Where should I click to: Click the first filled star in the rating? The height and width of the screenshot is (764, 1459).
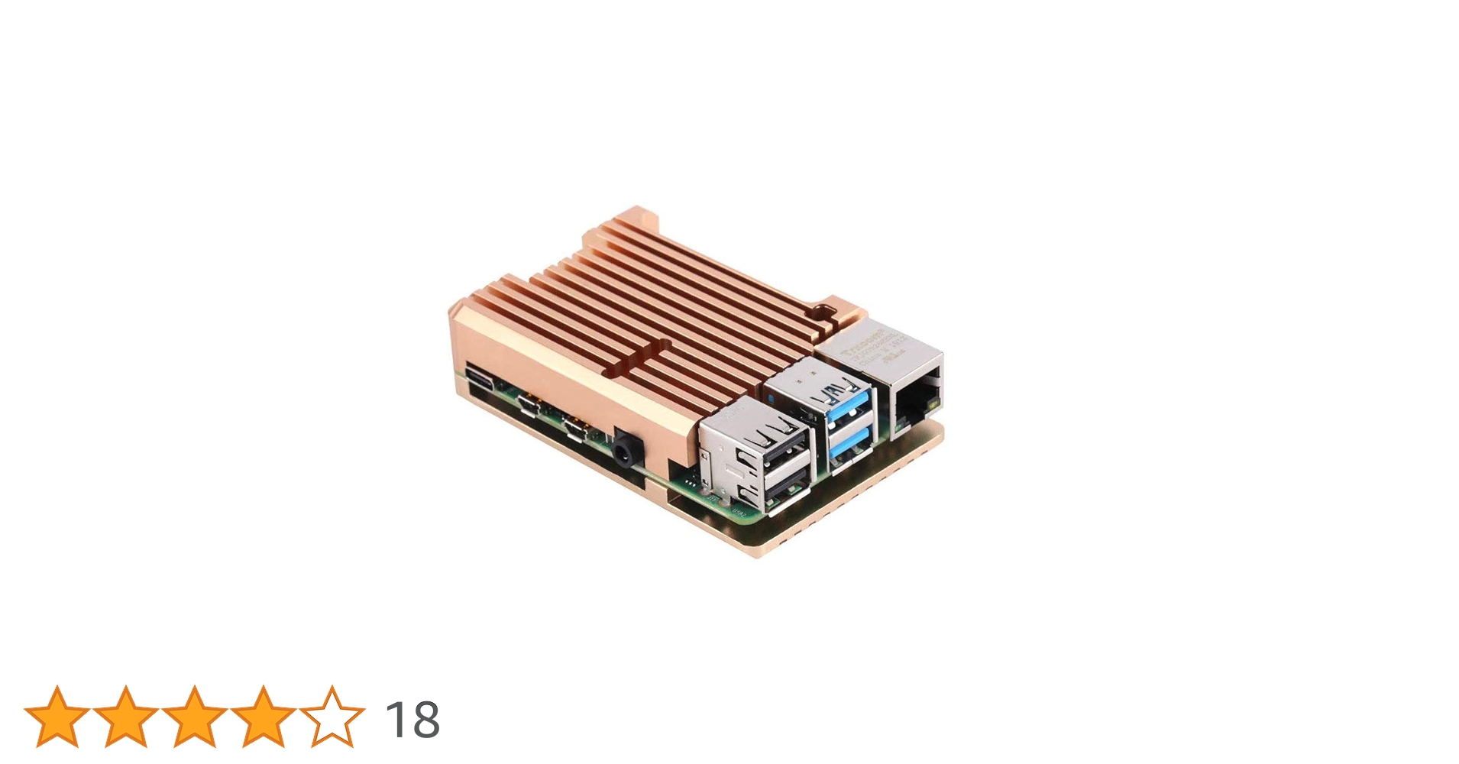click(x=57, y=717)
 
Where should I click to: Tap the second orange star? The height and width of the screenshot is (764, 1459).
click(x=126, y=717)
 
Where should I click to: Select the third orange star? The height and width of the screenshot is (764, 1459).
click(x=195, y=717)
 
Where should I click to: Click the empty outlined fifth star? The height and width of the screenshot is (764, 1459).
click(x=332, y=717)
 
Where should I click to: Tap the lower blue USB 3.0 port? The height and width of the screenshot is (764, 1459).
click(x=850, y=447)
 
